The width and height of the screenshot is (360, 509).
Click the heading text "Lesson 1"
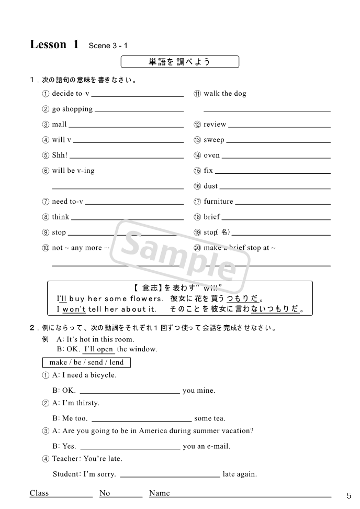[x=54, y=45]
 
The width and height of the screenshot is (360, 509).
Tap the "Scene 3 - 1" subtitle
[x=108, y=46]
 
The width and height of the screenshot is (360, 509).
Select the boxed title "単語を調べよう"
[x=180, y=62]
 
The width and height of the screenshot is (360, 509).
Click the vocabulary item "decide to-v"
[x=71, y=94]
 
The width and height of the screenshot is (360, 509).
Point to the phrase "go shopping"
[x=72, y=109]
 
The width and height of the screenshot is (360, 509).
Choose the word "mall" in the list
[x=59, y=125]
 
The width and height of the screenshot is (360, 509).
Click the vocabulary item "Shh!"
[x=60, y=156]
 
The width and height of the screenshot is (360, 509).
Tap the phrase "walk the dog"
[x=224, y=94]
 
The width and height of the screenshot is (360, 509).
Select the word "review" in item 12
[x=215, y=125]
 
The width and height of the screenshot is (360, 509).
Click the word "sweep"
[x=214, y=140]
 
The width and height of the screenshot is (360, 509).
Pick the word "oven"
[x=212, y=156]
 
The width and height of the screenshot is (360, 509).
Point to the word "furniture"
[x=219, y=202]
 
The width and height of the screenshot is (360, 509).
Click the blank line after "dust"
[x=275, y=187]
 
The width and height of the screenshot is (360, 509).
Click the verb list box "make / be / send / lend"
[x=86, y=362]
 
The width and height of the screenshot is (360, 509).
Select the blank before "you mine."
[x=130, y=391]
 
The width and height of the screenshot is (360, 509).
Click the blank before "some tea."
[x=141, y=418]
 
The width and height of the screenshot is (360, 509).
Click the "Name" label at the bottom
[x=160, y=493]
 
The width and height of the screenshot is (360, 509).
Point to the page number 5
[x=349, y=495]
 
